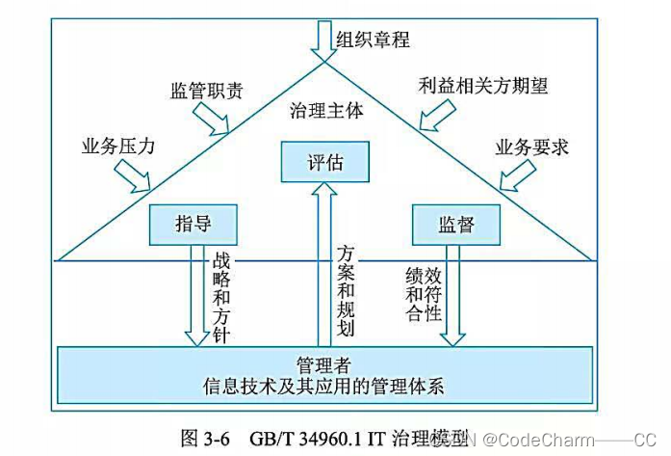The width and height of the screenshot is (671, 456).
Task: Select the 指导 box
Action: (193, 224)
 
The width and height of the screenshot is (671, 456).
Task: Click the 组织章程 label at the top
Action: (374, 40)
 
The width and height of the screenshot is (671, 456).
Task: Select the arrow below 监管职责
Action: (211, 119)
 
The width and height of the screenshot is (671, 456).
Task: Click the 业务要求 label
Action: (532, 148)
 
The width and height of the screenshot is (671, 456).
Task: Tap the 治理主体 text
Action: (326, 111)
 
